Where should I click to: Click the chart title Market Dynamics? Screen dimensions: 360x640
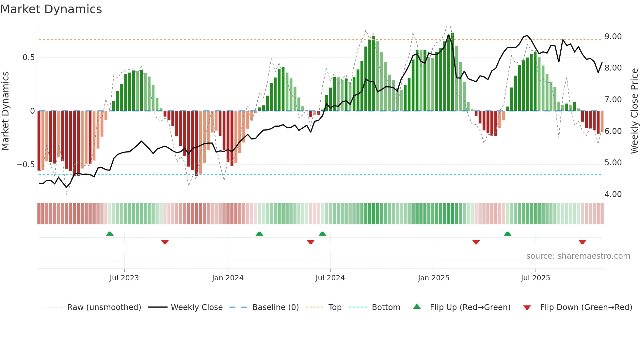51,9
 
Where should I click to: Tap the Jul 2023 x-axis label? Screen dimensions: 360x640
124,278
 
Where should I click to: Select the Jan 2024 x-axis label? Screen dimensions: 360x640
228,278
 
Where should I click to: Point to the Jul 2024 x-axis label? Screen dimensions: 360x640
330,278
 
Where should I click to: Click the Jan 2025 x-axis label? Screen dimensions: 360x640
433,278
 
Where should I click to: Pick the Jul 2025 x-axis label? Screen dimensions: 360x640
535,278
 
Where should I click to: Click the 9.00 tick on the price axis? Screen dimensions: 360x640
613,37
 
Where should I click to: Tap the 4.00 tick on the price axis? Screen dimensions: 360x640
613,194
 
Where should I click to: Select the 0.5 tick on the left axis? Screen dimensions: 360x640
28,57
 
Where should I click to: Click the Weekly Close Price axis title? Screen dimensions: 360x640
634,111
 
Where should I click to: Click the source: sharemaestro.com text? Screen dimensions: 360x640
578,256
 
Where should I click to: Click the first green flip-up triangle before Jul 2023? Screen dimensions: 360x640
110,234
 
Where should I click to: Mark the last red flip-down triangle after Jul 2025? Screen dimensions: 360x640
582,242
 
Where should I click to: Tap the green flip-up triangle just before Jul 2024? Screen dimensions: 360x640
322,234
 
